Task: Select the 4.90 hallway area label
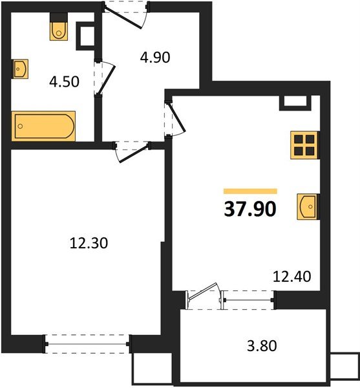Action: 155,58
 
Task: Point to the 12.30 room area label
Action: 88,244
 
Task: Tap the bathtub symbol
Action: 44,125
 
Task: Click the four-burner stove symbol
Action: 304,145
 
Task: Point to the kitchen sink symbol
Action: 308,207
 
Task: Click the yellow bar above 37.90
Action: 250,191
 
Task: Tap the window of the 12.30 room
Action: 88,342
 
